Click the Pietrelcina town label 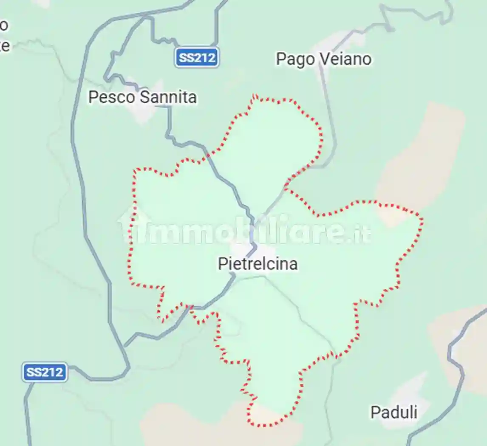[x=258, y=264]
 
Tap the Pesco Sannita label [x=142, y=97]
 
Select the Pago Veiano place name [x=324, y=59]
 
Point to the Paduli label [x=394, y=412]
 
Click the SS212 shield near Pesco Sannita [x=197, y=58]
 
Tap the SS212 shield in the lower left [x=45, y=373]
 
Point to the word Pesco [x=112, y=97]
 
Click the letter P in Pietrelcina [x=222, y=264]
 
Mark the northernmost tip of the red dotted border [x=254, y=96]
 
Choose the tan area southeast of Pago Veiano [x=421, y=157]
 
